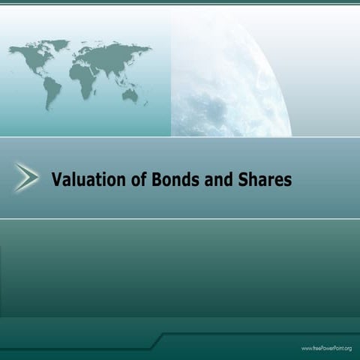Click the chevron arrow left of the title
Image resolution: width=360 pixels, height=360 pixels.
point(27,178)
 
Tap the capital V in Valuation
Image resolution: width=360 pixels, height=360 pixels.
point(56,180)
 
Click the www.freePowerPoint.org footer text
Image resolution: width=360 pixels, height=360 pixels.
point(326,349)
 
